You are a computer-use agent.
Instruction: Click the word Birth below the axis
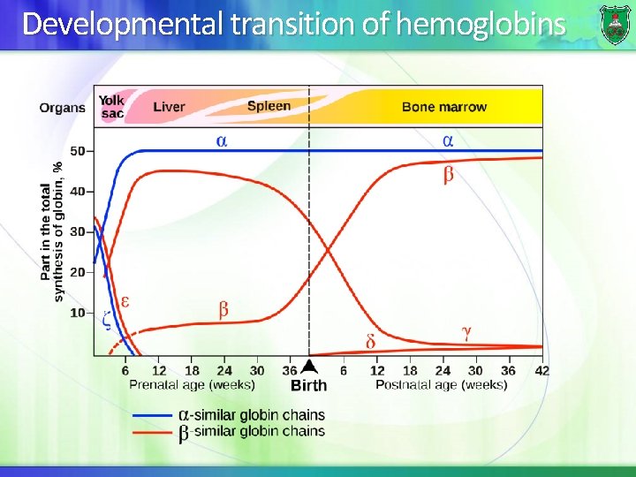tap(308, 385)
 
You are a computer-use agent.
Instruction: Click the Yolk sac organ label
tap(112, 107)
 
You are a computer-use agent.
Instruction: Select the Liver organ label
tap(169, 107)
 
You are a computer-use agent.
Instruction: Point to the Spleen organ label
tap(269, 106)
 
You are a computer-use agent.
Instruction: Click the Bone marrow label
tap(443, 107)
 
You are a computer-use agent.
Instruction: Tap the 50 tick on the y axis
tap(78, 151)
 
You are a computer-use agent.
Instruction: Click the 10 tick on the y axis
tap(78, 313)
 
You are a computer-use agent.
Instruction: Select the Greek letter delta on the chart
tap(370, 341)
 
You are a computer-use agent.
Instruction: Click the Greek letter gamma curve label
tap(466, 332)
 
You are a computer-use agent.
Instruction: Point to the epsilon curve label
tap(125, 300)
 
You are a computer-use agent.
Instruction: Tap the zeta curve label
tap(107, 321)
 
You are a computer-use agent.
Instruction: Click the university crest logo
tap(615, 24)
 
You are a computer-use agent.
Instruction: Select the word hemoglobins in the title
tap(481, 24)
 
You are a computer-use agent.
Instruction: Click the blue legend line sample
tap(152, 415)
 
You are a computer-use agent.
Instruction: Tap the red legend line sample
tap(152, 432)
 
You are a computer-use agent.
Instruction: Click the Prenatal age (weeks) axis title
tap(192, 384)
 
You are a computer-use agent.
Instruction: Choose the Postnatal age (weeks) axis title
tap(441, 384)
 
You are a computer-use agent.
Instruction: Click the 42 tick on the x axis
tap(541, 371)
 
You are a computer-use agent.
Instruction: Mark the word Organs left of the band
tap(62, 108)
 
